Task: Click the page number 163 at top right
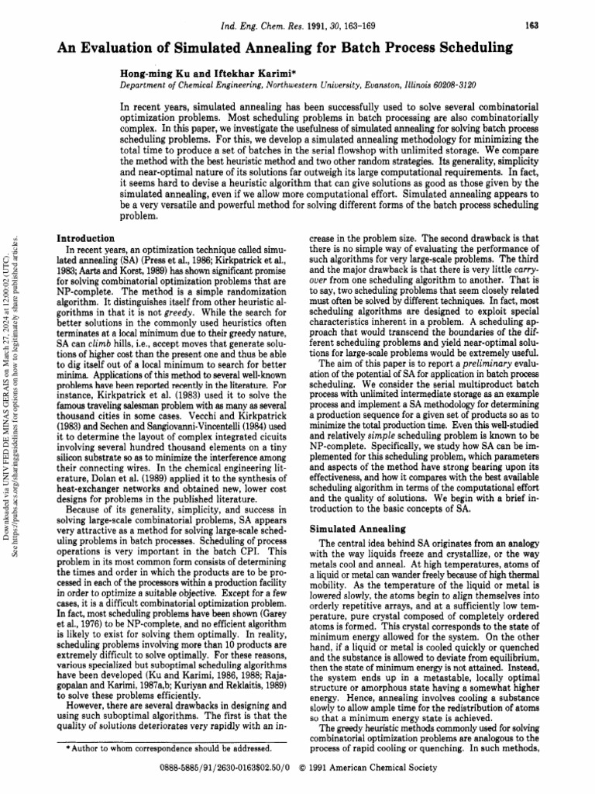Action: coord(531,25)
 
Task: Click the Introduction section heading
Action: coord(87,237)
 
